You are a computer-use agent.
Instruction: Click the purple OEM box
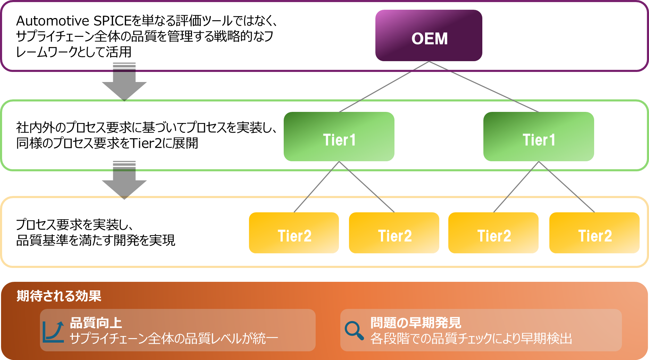(x=429, y=35)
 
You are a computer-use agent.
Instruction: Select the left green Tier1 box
(x=339, y=137)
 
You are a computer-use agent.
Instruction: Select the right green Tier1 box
(x=539, y=137)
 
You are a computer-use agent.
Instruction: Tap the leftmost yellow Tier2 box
(x=294, y=233)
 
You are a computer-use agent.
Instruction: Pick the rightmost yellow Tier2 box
(x=594, y=233)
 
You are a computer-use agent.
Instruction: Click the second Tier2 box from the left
(x=394, y=233)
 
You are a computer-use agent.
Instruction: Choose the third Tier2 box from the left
(x=493, y=233)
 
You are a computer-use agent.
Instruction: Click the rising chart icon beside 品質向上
(x=53, y=332)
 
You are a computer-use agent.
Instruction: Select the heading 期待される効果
(x=59, y=296)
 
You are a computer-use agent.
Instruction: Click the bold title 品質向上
(x=96, y=323)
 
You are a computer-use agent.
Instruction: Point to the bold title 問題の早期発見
(x=416, y=323)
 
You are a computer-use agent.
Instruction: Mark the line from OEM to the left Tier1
(x=384, y=87)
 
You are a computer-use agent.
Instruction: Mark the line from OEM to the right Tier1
(x=484, y=87)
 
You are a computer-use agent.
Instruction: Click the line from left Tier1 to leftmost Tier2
(x=316, y=187)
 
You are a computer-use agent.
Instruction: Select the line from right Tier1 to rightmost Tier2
(x=566, y=187)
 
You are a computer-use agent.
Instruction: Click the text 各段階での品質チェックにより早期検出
(x=471, y=338)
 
